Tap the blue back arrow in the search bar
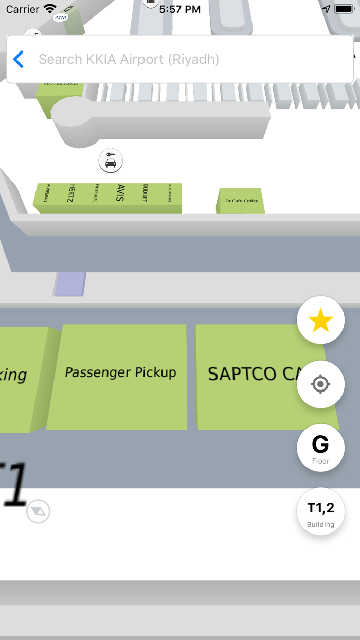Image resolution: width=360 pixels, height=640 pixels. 19,60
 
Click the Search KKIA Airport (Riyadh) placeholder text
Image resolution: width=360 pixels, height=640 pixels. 129,60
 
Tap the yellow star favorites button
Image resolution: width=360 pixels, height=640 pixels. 320,321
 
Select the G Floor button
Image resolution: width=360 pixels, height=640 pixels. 320,448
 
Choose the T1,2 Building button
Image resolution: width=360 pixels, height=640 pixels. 320,512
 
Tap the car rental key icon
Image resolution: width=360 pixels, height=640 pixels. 111,161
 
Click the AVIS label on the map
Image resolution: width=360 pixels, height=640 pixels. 121,192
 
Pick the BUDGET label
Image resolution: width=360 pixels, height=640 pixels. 145,193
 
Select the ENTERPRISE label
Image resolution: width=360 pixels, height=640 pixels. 96,193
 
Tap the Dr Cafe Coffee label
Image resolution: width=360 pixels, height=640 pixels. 242,201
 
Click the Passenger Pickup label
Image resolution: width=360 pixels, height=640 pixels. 120,372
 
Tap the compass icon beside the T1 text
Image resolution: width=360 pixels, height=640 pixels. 39,511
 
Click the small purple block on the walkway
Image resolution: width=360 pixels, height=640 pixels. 70,285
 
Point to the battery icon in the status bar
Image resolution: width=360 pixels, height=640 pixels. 344,9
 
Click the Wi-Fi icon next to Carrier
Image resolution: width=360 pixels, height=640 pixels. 50,9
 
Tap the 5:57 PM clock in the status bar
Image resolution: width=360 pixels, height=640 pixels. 180,9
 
